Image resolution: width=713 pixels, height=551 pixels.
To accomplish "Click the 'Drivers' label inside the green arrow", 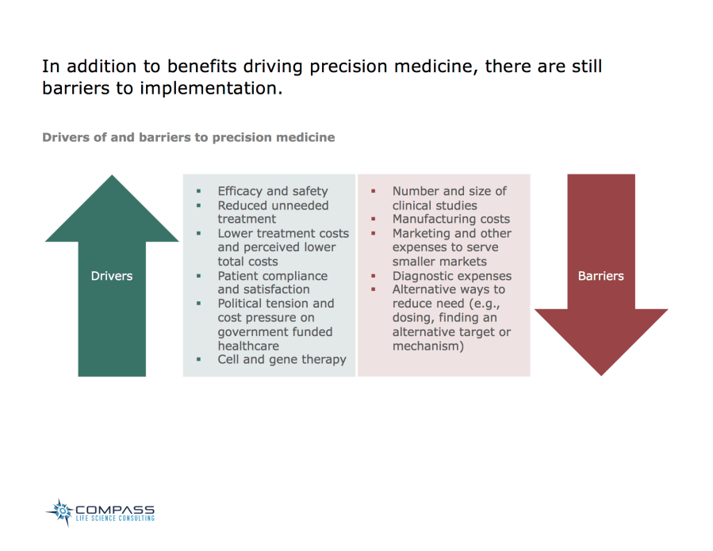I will pos(111,276).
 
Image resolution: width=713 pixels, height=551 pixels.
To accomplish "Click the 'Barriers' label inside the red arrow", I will pos(600,276).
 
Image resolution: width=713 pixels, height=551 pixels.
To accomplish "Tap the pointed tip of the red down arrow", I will pos(600,373).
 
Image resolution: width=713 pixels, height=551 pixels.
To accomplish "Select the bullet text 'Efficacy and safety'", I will pos(272,191).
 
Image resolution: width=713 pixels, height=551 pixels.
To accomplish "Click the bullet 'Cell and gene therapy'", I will pos(282,360).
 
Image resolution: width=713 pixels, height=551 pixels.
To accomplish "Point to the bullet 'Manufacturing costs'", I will pos(450,219).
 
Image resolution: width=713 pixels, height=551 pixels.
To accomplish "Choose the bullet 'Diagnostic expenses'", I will pos(451,276).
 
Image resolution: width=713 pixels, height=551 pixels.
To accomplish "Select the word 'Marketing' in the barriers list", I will pos(423,233).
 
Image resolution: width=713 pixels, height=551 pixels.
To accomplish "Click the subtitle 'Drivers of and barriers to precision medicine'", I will pos(188,137).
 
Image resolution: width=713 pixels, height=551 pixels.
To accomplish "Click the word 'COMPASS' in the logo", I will pos(115,510).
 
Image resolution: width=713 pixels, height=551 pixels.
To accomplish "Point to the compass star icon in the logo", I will pos(59,512).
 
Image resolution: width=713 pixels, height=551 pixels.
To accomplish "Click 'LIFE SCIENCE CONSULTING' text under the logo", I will pos(115,518).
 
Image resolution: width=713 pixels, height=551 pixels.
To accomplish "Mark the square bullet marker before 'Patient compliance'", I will pos(199,275).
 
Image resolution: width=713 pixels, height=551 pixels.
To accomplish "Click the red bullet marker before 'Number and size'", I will pos(374,191).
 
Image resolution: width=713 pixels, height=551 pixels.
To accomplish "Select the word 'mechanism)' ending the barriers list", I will pos(427,346).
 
